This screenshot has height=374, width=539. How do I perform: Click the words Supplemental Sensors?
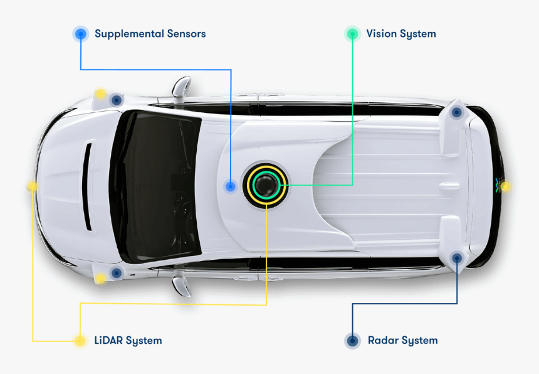pyautogui.click(x=150, y=34)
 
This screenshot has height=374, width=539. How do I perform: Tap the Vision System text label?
pyautogui.click(x=400, y=34)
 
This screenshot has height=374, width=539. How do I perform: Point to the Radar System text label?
pyautogui.click(x=402, y=341)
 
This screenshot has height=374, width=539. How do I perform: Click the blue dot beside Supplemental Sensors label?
pyautogui.click(x=80, y=34)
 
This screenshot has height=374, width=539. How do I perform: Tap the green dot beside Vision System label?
pyautogui.click(x=352, y=34)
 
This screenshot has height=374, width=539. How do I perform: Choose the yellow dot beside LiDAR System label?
pyautogui.click(x=80, y=341)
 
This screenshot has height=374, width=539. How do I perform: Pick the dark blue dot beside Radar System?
pyautogui.click(x=353, y=341)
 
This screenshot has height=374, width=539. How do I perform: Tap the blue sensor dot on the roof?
pyautogui.click(x=231, y=186)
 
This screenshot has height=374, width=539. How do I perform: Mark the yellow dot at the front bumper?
pyautogui.click(x=32, y=186)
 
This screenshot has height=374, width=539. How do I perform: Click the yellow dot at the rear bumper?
pyautogui.click(x=505, y=186)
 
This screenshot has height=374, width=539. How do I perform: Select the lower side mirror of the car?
pyautogui.click(x=181, y=286)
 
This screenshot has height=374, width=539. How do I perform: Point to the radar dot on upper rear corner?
pyautogui.click(x=457, y=112)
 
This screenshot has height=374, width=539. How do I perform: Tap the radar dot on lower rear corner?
pyautogui.click(x=457, y=257)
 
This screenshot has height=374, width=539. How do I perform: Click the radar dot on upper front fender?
pyautogui.click(x=116, y=100)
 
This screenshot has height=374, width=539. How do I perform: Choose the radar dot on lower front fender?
pyautogui.click(x=116, y=273)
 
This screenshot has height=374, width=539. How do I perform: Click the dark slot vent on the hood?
pyautogui.click(x=87, y=186)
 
